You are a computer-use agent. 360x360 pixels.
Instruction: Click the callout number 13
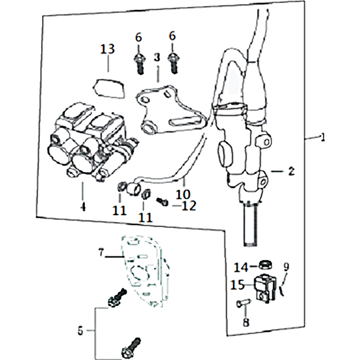(108, 49)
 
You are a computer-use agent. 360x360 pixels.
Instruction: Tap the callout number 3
(157, 58)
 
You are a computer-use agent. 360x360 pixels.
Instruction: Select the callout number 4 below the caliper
(83, 207)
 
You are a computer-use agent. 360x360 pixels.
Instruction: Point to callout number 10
(183, 194)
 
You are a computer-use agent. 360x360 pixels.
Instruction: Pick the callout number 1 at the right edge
(323, 137)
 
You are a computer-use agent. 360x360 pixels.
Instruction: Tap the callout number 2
(291, 171)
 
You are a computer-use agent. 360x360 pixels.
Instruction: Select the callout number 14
(241, 267)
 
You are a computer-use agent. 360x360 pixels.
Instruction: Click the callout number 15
(238, 285)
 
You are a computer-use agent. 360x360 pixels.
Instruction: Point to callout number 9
(286, 267)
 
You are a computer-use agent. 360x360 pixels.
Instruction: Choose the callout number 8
(246, 322)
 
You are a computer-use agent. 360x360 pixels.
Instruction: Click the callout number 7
(101, 253)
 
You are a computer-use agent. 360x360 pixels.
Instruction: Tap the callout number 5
(80, 331)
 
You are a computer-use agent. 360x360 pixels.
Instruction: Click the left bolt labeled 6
(139, 63)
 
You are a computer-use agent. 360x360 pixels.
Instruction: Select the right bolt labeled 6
(173, 63)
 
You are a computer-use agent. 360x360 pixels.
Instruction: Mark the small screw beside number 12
(162, 202)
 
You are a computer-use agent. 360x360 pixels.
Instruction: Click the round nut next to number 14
(266, 265)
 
